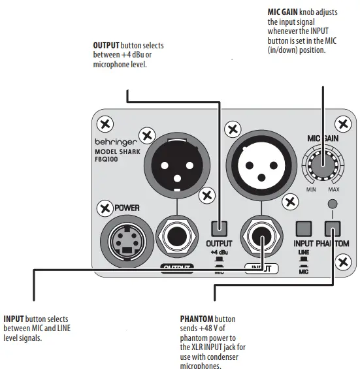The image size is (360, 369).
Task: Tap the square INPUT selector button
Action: click(303, 229)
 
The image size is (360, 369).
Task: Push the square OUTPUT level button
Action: click(219, 229)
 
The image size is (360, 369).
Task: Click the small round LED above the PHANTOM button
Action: click(333, 204)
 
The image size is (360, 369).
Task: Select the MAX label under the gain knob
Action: click(333, 189)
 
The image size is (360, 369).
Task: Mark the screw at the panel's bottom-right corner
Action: click(340, 263)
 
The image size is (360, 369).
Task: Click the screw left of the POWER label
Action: click(104, 208)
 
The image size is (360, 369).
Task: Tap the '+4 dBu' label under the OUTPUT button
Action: click(220, 252)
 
